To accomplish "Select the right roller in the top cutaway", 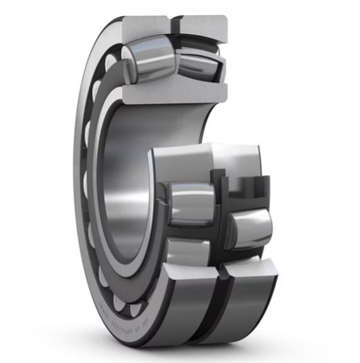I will [200, 65].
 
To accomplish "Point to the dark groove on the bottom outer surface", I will [218, 315].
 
